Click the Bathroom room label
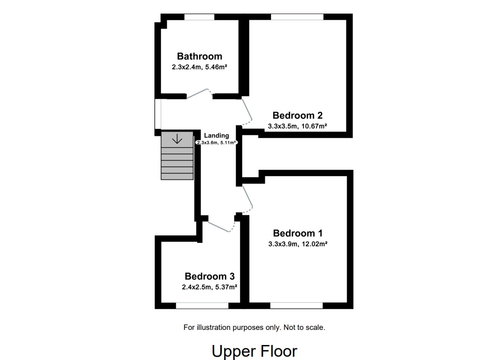click(x=199, y=56)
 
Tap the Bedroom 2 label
click(x=297, y=116)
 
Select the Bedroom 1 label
click(x=297, y=233)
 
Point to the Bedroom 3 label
click(x=209, y=276)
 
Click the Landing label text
click(x=217, y=135)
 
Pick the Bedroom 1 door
click(x=248, y=197)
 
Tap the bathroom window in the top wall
click(x=199, y=17)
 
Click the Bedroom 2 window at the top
click(x=297, y=17)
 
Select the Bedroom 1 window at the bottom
click(x=296, y=305)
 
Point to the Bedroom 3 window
click(x=202, y=305)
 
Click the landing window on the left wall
click(x=158, y=114)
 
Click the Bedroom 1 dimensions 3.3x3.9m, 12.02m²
click(x=297, y=244)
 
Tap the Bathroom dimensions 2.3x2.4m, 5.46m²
click(x=199, y=67)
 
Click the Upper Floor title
click(x=254, y=351)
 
